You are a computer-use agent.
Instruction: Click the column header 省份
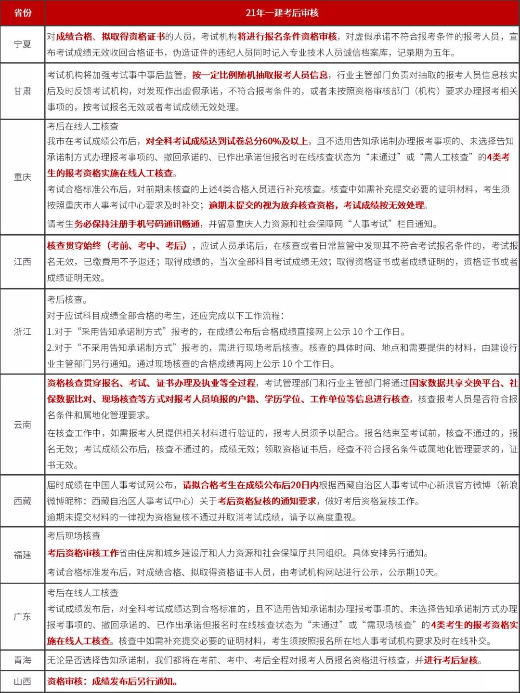pos(23,13)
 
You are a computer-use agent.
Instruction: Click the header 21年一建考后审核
pos(282,13)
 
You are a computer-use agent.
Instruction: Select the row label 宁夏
pos(23,44)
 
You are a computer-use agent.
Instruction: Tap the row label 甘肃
pos(23,91)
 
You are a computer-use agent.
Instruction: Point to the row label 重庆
pos(23,177)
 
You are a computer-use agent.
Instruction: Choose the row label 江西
pos(23,262)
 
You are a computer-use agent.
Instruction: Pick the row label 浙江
pos(23,332)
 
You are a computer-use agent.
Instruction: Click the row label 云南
pos(23,425)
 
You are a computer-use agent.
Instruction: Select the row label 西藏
pos(23,501)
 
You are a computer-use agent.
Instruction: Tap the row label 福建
pos(23,555)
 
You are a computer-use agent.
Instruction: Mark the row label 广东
pos(23,616)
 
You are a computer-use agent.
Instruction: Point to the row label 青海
pos(23,660)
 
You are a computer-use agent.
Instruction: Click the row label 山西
pos(23,681)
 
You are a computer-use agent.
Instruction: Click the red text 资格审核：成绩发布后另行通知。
pos(113,681)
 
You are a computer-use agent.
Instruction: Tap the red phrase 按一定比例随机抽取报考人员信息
pos(260,75)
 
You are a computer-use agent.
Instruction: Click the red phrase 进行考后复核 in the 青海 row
pos(451,660)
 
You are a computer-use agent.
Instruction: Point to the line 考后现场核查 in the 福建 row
pos(74,536)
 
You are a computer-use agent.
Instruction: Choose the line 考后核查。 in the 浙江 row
pos(67,300)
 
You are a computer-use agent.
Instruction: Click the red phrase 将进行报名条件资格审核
pos(287,37)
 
